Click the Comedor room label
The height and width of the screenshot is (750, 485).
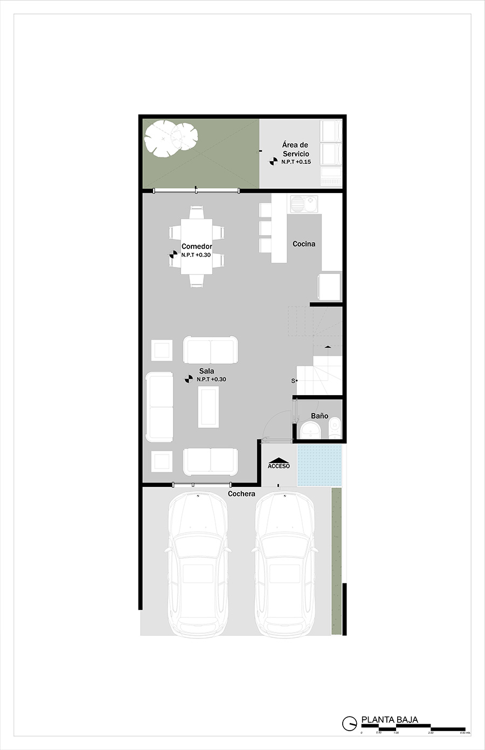pos(197,246)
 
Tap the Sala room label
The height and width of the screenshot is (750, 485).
pos(206,371)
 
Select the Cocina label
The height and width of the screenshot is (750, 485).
pos(304,244)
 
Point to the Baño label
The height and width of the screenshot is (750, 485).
pos(320,416)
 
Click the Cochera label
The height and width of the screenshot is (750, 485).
pos(241,493)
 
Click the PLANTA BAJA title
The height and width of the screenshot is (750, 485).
pos(390,720)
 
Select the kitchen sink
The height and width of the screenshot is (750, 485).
pos(303,204)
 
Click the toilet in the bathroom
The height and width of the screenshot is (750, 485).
pos(335,428)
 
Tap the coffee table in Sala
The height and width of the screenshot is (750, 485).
pos(209,407)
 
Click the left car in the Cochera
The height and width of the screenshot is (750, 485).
pos(198,563)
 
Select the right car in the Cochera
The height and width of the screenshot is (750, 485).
pos(284,563)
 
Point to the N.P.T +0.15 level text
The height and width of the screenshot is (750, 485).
pos(296,162)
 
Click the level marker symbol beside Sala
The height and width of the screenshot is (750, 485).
pos(189,379)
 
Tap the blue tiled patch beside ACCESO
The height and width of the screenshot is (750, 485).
pos(319,465)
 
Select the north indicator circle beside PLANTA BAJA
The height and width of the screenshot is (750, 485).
pos(349,723)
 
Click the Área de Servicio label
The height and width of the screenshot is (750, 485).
pos(295,149)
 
